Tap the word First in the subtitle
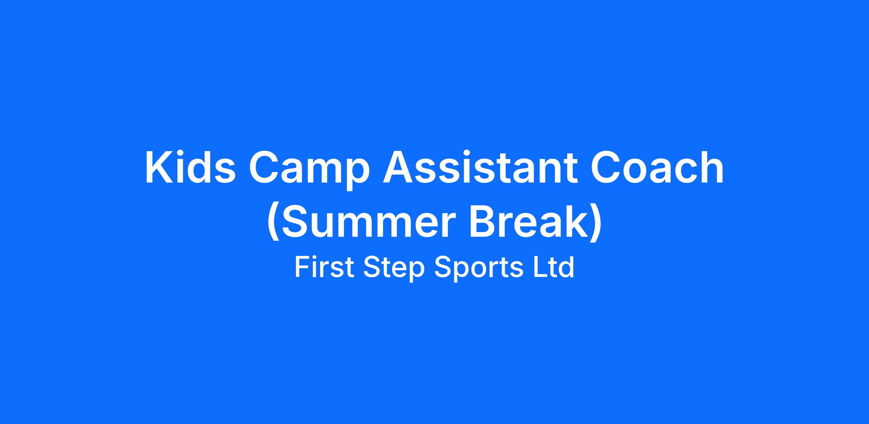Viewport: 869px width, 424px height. point(324,267)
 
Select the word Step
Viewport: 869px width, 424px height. point(394,269)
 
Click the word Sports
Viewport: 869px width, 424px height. point(479,269)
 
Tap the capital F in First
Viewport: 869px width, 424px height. point(302,267)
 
